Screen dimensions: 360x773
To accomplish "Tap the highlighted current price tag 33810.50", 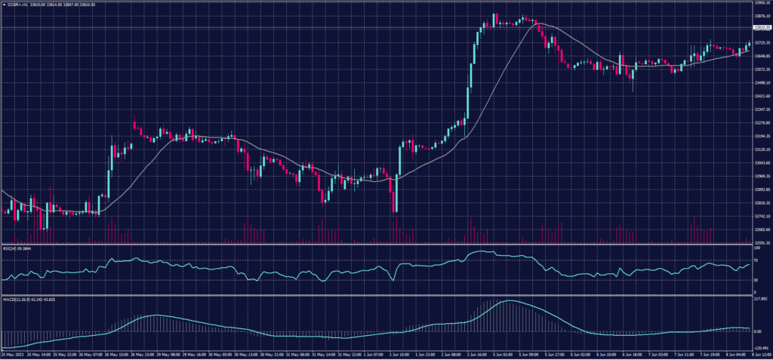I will tap(762, 28).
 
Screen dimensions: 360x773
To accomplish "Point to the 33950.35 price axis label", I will tap(762, 3).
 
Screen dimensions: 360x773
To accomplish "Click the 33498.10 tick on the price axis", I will tap(762, 83).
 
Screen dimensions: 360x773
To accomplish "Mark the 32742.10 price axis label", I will tap(762, 216).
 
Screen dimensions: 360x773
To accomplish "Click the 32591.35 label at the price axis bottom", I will tap(762, 243).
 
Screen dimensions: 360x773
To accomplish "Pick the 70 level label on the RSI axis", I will tap(756, 260).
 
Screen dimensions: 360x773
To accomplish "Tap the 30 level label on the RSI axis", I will tap(756, 280).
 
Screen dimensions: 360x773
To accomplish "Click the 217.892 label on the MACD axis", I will tap(759, 299).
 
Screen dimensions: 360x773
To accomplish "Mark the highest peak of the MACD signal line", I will tap(510, 301).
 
